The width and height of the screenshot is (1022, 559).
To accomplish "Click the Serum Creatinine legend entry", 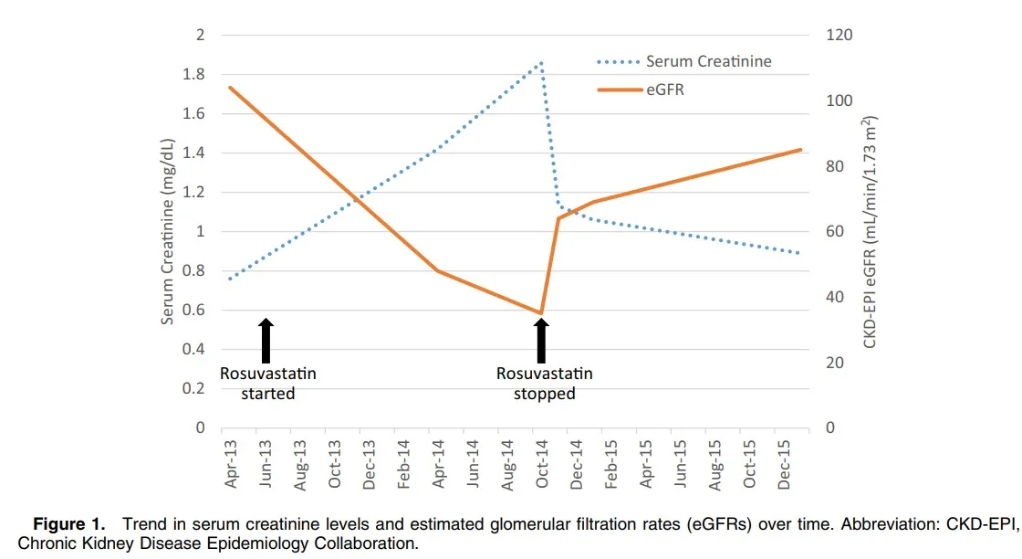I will pyautogui.click(x=708, y=62).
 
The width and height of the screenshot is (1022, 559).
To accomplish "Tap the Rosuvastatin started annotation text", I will pyautogui.click(x=268, y=384).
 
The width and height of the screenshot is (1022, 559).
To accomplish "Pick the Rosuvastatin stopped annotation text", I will pyautogui.click(x=544, y=384).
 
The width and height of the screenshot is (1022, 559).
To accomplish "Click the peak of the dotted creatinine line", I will pyautogui.click(x=541, y=63).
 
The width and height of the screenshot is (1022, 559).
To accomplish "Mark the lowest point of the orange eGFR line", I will pyautogui.click(x=541, y=313).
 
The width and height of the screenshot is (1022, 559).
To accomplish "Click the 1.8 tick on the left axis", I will pyautogui.click(x=194, y=75).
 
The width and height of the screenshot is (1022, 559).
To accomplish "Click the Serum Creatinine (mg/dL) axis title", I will pyautogui.click(x=168, y=231).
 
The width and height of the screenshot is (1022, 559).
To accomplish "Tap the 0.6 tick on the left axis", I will pyautogui.click(x=194, y=311).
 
